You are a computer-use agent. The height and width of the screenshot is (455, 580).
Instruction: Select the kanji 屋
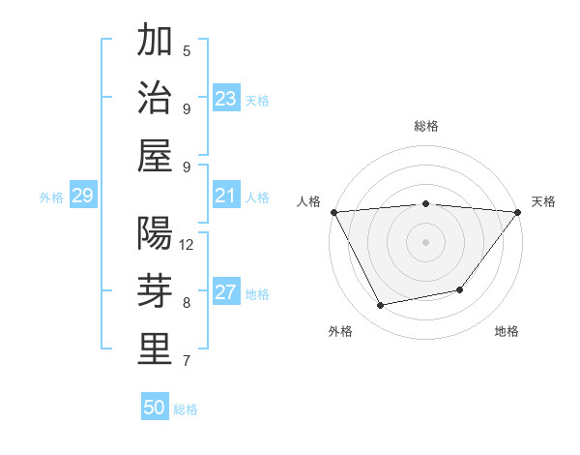[x=155, y=156]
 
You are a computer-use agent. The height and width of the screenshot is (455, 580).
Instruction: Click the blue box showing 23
[x=226, y=99]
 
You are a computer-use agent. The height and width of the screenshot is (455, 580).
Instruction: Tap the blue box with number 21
[x=226, y=197]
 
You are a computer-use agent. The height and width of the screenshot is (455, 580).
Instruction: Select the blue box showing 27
[x=226, y=293]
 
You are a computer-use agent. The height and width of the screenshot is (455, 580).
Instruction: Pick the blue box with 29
[x=82, y=197]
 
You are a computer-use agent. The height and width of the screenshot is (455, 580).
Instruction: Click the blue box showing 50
[x=155, y=408]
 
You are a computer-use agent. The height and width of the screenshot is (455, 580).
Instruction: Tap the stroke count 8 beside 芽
[x=187, y=303]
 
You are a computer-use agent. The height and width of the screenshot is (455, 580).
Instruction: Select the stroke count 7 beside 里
[x=187, y=361]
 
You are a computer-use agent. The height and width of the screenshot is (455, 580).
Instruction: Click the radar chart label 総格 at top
[x=426, y=126]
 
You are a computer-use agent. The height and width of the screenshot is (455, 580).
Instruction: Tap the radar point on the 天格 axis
[x=519, y=211]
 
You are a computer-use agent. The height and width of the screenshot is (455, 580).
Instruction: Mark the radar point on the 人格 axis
[x=333, y=211]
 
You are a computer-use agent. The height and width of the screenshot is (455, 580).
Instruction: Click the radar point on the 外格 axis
[x=381, y=306]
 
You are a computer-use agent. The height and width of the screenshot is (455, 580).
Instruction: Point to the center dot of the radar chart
[x=426, y=241]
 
